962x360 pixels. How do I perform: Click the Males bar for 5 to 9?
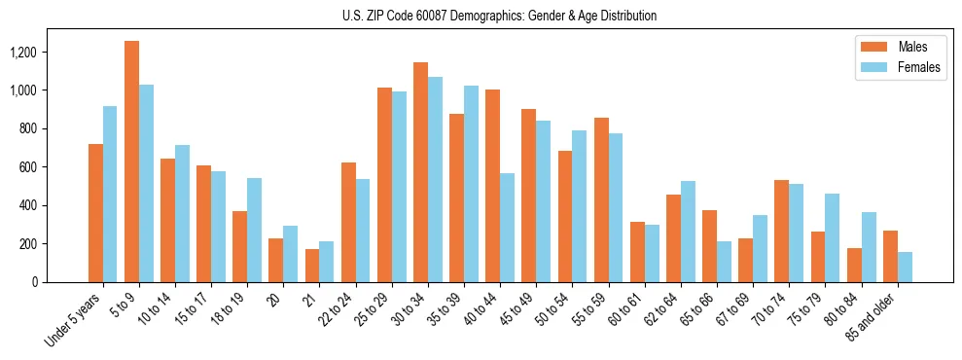click(131, 162)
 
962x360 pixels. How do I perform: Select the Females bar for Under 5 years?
click(110, 194)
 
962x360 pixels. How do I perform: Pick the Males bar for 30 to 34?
click(420, 172)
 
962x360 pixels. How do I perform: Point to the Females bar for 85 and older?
click(905, 267)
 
